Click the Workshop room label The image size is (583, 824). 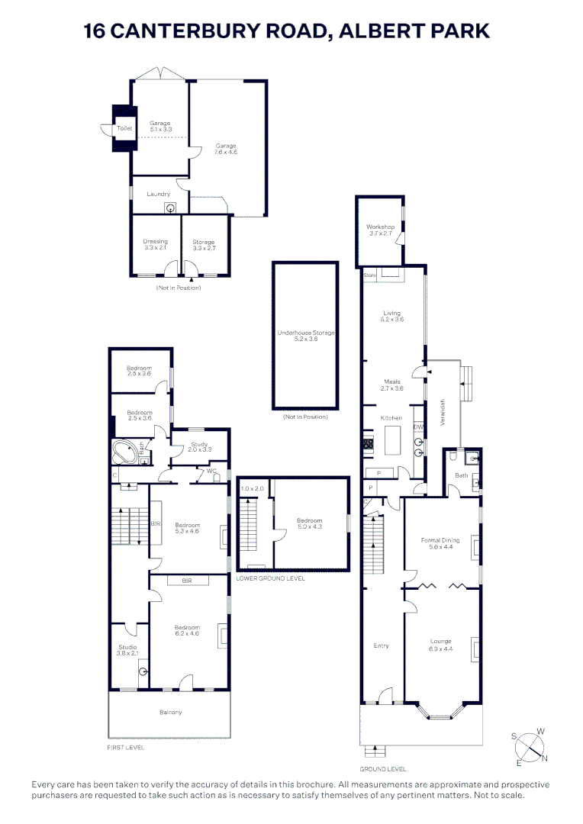380,227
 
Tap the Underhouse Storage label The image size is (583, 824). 306,333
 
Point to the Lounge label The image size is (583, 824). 441,641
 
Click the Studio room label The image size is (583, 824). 127,647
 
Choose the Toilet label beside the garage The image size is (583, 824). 124,129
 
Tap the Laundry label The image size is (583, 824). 159,194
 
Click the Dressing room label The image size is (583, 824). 155,242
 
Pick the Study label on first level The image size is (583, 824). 200,445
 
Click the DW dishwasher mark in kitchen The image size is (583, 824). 418,428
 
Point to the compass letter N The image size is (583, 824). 545,758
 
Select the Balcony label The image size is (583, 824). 170,713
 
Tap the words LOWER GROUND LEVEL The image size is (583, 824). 270,578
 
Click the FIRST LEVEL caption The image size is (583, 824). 126,748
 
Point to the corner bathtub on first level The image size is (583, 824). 125,451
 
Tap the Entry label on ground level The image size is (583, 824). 382,645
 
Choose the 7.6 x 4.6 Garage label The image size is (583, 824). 226,149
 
